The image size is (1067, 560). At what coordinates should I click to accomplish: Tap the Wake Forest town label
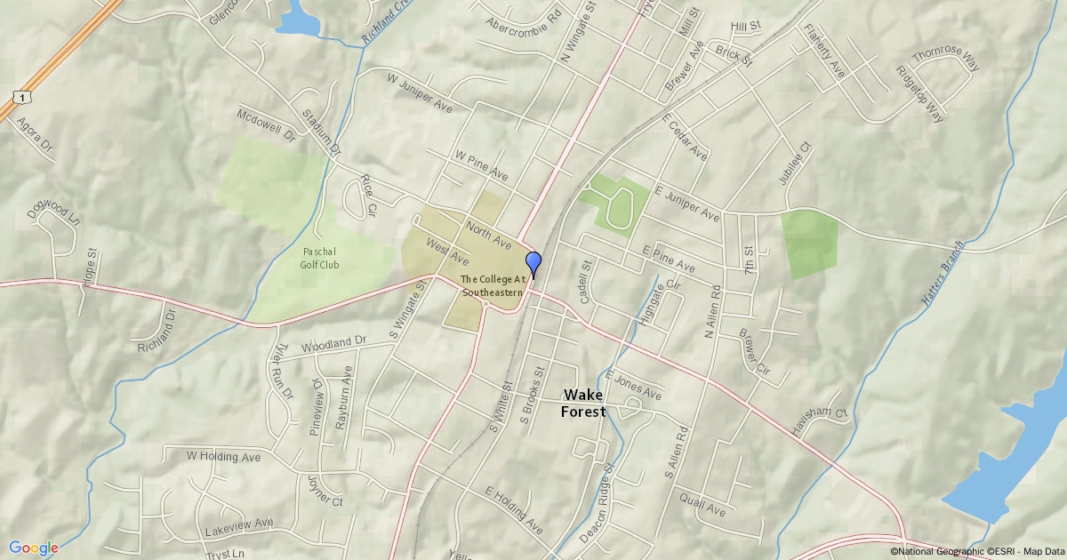tap(583, 403)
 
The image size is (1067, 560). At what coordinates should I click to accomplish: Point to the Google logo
tap(34, 548)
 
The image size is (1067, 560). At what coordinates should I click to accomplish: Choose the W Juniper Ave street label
tap(420, 92)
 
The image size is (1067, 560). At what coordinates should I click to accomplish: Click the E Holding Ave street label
tap(513, 510)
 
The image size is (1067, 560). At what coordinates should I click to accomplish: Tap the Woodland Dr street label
tap(333, 343)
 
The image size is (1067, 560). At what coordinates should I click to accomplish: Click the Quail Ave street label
tap(702, 504)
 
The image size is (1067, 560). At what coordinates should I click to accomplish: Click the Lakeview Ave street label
tap(238, 527)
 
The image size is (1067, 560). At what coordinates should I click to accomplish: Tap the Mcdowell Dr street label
tap(265, 126)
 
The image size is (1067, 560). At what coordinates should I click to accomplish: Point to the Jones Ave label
tap(638, 389)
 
